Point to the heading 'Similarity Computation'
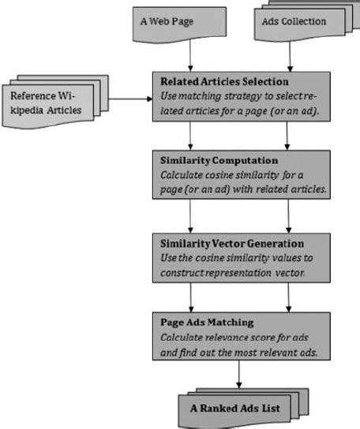tap(208, 161)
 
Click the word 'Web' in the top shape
tap(164, 21)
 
